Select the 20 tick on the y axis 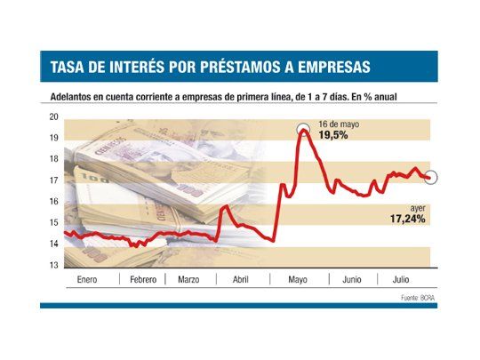[x=53, y=116]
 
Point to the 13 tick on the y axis [x=53, y=265]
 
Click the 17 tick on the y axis [x=53, y=180]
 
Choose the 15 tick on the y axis [x=53, y=223]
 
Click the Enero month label [x=87, y=280]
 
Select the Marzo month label [x=188, y=280]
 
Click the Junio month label [x=351, y=280]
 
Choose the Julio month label [x=403, y=280]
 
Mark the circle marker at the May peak [x=302, y=130]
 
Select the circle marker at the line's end [x=432, y=178]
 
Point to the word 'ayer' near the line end [x=417, y=207]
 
